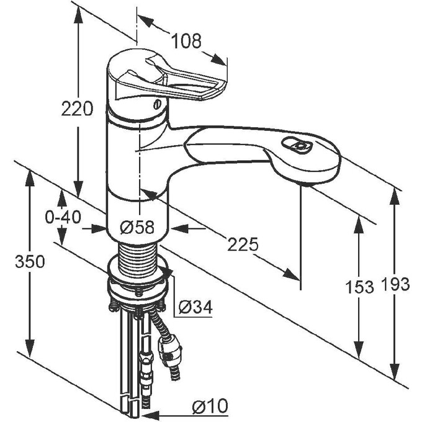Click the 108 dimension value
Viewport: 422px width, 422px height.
[x=186, y=41]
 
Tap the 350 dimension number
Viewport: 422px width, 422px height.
[x=30, y=262]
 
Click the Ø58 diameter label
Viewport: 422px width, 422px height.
[x=138, y=228]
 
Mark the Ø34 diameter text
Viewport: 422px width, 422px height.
[x=195, y=306]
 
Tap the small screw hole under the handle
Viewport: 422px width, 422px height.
[x=157, y=104]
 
